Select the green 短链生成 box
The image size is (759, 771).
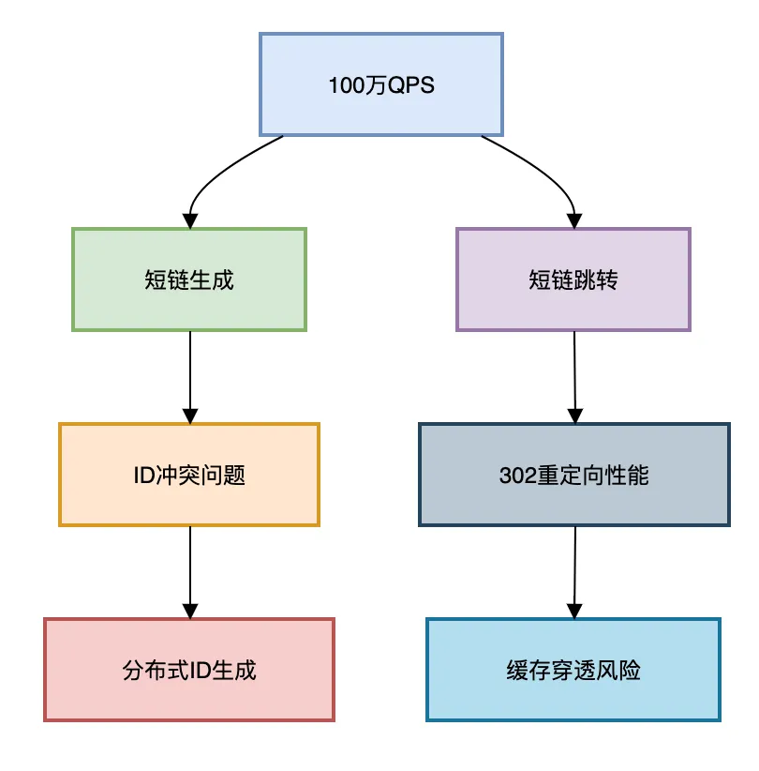[x=189, y=280]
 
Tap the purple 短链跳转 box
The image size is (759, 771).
[x=573, y=280]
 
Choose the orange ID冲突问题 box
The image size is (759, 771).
[x=189, y=475]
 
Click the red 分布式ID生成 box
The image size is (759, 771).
[x=189, y=670]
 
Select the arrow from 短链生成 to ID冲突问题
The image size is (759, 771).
[x=190, y=375]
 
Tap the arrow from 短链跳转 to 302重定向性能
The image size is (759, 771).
[x=575, y=375]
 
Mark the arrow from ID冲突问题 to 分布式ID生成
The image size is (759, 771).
[x=190, y=570]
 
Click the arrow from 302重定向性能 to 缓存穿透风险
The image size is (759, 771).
[x=575, y=570]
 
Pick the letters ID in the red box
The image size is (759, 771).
[x=199, y=671]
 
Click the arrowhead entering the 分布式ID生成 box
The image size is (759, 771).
[x=190, y=610]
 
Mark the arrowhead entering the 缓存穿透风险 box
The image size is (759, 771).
[x=574, y=610]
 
